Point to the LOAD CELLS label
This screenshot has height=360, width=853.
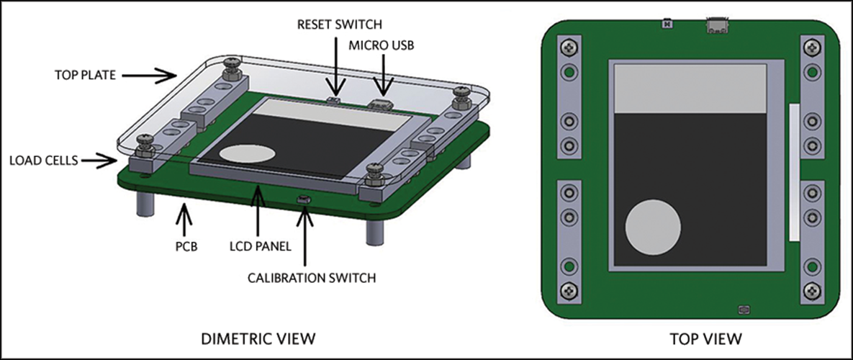(42, 160)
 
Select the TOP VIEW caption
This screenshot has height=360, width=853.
(695, 337)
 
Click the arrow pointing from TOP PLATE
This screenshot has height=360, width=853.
(163, 73)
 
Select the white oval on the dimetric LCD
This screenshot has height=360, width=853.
(247, 153)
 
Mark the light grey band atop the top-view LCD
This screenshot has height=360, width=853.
(690, 87)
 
